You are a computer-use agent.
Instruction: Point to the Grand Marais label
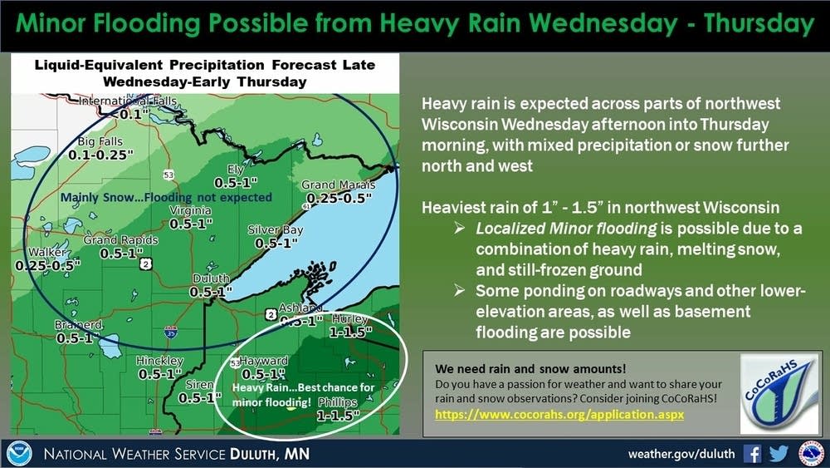[330, 185]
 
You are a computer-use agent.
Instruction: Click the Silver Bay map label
[276, 230]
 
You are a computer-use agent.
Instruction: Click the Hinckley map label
[161, 361]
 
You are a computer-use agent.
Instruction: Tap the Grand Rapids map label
[120, 241]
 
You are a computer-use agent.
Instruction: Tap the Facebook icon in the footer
[753, 454]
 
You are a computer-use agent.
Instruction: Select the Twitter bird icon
[779, 454]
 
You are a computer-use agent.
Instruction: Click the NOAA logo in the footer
[18, 454]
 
